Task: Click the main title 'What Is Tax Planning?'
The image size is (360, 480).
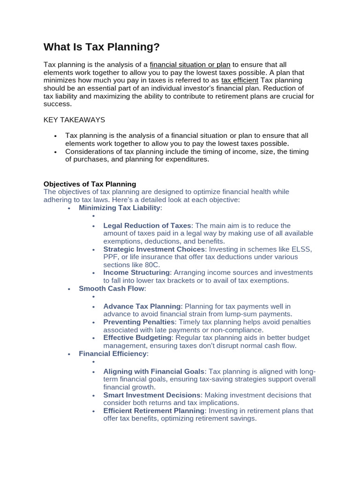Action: pyautogui.click(x=102, y=47)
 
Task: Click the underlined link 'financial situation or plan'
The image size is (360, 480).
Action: pyautogui.click(x=190, y=65)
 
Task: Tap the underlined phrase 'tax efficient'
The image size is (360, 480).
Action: pyautogui.click(x=240, y=80)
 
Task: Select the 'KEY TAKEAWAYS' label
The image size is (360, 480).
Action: pyautogui.click(x=74, y=120)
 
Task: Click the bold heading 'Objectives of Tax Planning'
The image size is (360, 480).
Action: pyautogui.click(x=90, y=184)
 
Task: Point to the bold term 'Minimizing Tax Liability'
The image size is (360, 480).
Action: pyautogui.click(x=120, y=207)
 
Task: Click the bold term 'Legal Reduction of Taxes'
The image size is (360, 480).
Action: pyautogui.click(x=147, y=225)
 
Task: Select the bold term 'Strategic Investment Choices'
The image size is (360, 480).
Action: pyautogui.click(x=154, y=249)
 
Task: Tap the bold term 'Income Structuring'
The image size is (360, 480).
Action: pyautogui.click(x=136, y=272)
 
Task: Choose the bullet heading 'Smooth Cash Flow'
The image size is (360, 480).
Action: pyautogui.click(x=112, y=288)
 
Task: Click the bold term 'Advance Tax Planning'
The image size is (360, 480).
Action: pyautogui.click(x=142, y=306)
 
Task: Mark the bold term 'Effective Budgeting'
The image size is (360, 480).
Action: pyautogui.click(x=137, y=337)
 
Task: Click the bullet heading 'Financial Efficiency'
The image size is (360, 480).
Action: pyautogui.click(x=113, y=353)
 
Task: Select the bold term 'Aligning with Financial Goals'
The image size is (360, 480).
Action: pyautogui.click(x=154, y=371)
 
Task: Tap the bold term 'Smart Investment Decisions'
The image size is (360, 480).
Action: pyautogui.click(x=152, y=395)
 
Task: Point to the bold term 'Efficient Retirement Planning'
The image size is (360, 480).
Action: pyautogui.click(x=154, y=411)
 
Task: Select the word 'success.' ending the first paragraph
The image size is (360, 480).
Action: pyautogui.click(x=57, y=104)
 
